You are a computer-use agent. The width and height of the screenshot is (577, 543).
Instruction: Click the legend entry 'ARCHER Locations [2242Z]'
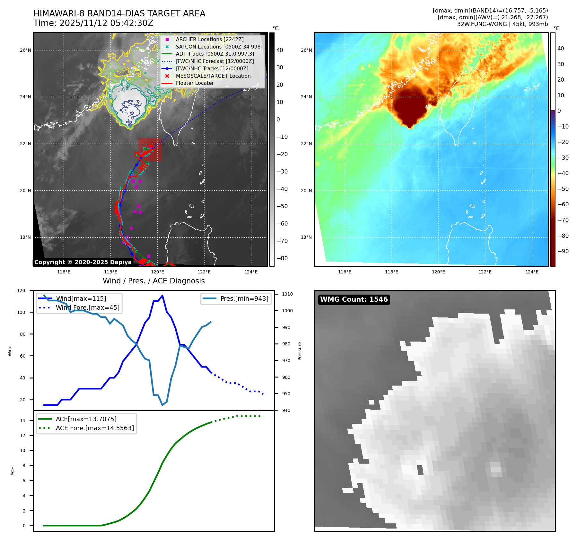(x=209, y=39)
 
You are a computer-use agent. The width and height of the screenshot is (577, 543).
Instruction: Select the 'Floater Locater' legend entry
(x=195, y=83)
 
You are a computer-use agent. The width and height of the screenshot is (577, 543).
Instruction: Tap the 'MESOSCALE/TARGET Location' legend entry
(x=213, y=76)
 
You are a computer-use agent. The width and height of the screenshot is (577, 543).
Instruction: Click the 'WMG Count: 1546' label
(x=354, y=299)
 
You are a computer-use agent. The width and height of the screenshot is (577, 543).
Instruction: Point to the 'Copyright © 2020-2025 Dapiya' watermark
(x=83, y=262)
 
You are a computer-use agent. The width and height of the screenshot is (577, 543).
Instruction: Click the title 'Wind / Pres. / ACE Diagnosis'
(x=153, y=281)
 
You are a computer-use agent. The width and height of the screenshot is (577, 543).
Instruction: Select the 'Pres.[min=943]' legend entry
(x=244, y=298)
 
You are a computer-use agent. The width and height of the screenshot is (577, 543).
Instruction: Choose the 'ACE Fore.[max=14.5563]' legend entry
(x=95, y=428)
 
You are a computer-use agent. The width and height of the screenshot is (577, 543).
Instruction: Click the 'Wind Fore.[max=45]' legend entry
(x=87, y=307)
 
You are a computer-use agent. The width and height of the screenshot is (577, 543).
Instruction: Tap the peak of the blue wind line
(x=162, y=295)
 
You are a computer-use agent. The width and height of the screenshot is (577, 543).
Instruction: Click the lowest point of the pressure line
(x=162, y=405)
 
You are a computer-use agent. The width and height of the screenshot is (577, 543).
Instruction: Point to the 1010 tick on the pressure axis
(x=287, y=294)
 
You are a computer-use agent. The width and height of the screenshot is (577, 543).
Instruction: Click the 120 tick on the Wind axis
(x=21, y=290)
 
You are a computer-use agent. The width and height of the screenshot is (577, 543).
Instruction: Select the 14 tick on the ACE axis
(x=22, y=420)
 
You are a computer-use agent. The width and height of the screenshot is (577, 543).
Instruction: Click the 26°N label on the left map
(x=26, y=50)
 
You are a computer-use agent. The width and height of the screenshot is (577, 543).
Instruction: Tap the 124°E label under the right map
(x=532, y=272)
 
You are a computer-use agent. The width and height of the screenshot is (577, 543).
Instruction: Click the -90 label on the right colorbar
(x=563, y=251)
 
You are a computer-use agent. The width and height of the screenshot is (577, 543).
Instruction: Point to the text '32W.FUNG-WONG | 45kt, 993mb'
(x=503, y=24)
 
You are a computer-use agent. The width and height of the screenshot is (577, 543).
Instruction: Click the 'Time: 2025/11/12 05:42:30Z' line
(x=93, y=23)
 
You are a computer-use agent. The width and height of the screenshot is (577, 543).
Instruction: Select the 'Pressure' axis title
(x=300, y=351)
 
